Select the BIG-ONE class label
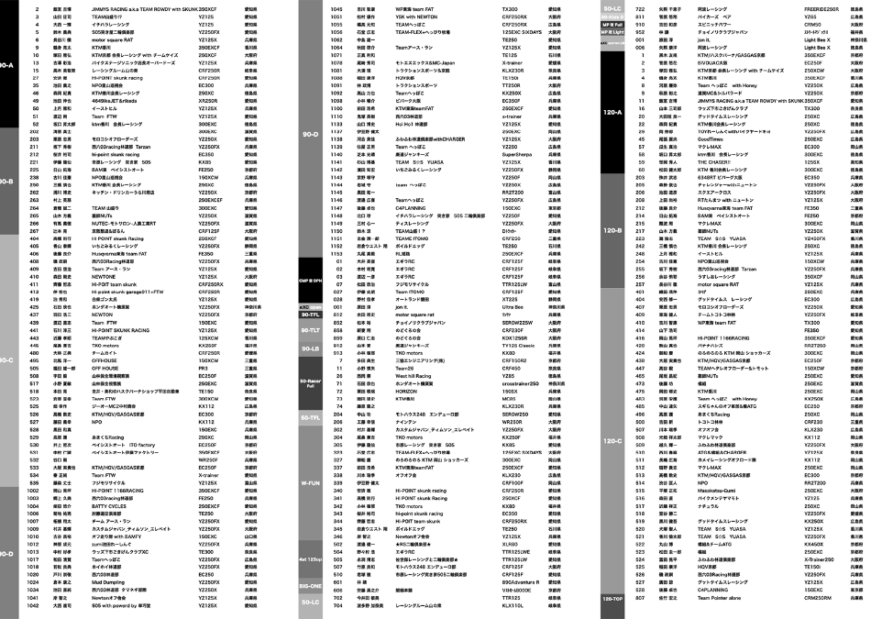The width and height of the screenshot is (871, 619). pyautogui.click(x=310, y=584)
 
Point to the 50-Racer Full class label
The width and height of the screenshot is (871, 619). pyautogui.click(x=310, y=383)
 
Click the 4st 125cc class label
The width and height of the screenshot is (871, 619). pyautogui.click(x=310, y=558)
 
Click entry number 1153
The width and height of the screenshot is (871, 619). pyautogui.click(x=336, y=251)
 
